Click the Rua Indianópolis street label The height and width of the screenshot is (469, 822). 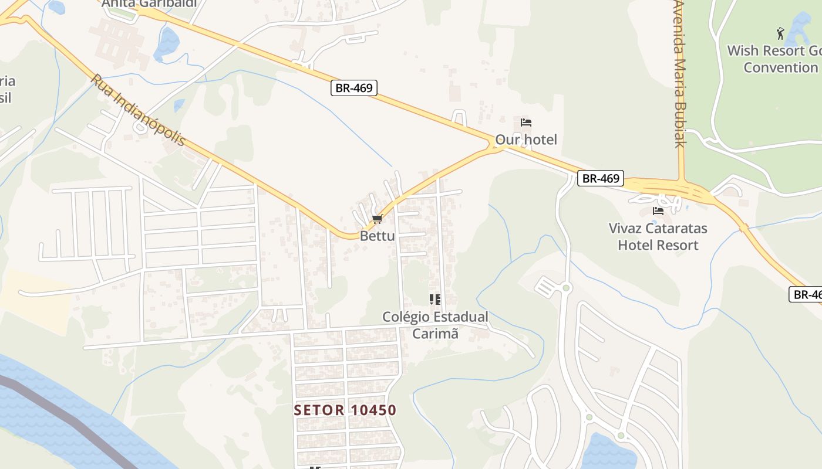point(138,110)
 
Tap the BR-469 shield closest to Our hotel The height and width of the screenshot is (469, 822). point(600,178)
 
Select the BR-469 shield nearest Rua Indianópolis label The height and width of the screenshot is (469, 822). point(353,88)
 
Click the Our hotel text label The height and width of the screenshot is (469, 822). point(526,140)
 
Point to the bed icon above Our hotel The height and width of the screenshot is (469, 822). point(526,123)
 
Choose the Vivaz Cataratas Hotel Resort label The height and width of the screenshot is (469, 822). point(658,236)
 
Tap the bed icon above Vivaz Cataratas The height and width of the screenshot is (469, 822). point(658,211)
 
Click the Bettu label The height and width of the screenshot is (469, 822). point(377,236)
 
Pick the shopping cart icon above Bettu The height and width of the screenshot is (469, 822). point(377,219)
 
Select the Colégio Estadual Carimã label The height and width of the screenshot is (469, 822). point(435,325)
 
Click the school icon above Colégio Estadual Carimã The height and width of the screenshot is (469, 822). point(435,300)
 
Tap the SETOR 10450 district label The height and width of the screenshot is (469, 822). point(345,410)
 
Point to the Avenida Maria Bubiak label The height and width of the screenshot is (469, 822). point(680,73)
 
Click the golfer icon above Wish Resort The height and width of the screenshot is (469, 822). point(780,33)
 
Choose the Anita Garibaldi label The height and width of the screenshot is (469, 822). point(149,4)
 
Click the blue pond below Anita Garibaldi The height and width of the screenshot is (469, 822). point(167,43)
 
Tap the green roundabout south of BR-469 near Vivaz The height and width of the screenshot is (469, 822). point(566,287)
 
